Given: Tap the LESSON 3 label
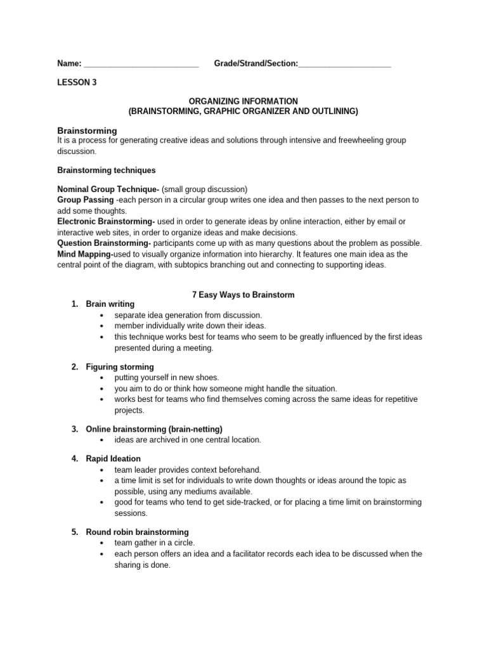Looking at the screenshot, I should [x=77, y=82].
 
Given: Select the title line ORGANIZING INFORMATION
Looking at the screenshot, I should [x=243, y=101].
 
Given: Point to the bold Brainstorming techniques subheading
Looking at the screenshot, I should [x=107, y=170].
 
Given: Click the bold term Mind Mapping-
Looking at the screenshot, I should [x=85, y=254].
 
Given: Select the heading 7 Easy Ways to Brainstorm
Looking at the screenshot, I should [x=243, y=295].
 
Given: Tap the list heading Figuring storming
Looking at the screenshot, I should [x=120, y=367].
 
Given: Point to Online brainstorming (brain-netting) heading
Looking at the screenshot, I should [x=154, y=429].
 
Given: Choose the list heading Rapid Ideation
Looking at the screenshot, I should [x=114, y=459].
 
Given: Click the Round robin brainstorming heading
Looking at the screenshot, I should [x=137, y=532].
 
